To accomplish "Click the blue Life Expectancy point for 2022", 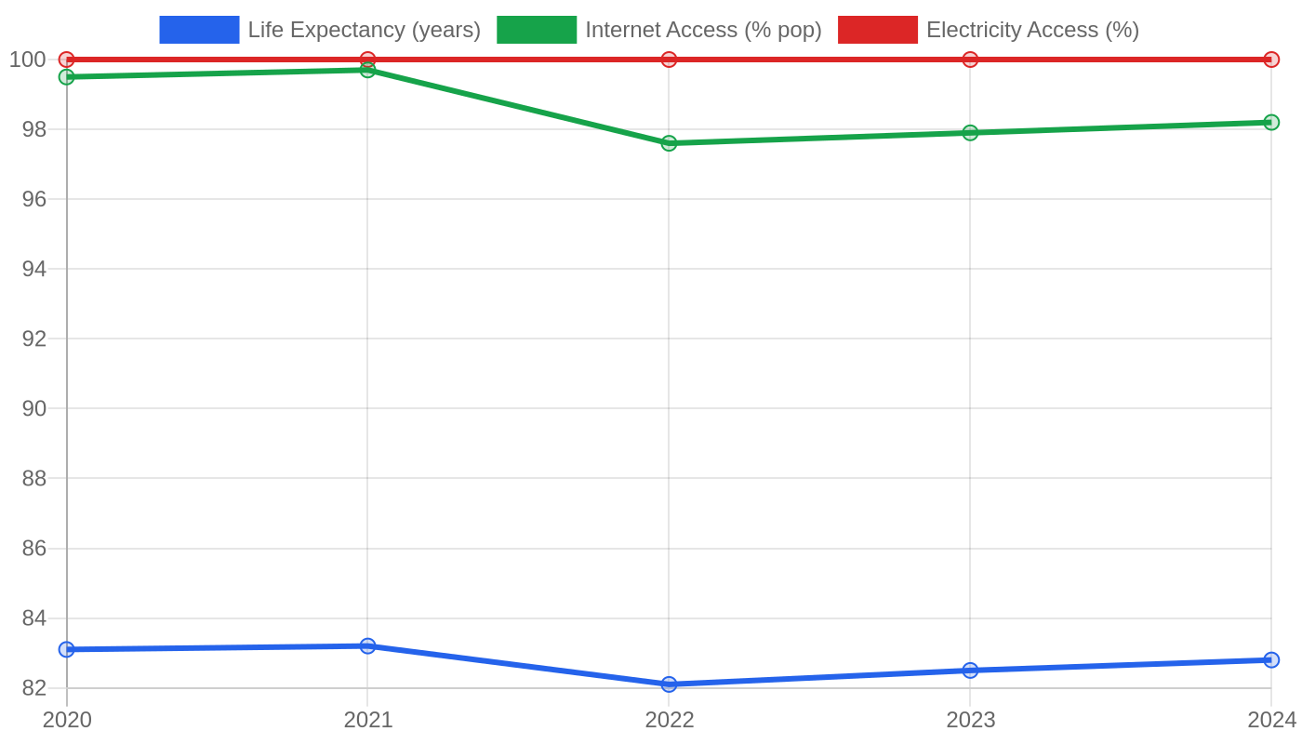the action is [x=669, y=684].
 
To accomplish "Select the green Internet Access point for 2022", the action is [x=669, y=143].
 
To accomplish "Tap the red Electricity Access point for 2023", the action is [x=970, y=60].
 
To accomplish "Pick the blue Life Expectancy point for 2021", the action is [x=367, y=645].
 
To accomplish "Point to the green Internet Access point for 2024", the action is [x=1271, y=122].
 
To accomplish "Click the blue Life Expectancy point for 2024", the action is [x=1271, y=659].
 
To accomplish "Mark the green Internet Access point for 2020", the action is [x=67, y=76].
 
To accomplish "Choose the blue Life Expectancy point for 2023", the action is [x=970, y=671].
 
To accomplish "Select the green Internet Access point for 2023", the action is [x=970, y=132].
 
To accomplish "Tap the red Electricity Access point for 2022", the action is [x=669, y=60].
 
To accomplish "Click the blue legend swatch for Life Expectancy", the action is [x=199, y=30].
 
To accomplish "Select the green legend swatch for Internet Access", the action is [x=537, y=30].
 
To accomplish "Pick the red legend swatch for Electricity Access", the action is [x=878, y=30].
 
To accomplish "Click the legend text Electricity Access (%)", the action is [x=1033, y=30].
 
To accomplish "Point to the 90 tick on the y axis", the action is [x=34, y=408].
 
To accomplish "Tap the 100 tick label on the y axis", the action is [x=28, y=60].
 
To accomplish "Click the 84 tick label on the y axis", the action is [x=34, y=618].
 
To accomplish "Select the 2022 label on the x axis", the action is [x=670, y=720].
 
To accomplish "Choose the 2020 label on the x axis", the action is [x=67, y=720].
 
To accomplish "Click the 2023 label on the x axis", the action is [x=971, y=720].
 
